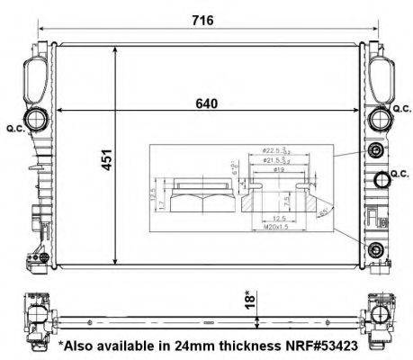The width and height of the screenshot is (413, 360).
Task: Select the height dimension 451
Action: click(x=104, y=164)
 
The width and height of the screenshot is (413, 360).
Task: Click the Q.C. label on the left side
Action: click(x=14, y=126)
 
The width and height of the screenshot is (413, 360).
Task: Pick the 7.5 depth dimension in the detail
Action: click(x=285, y=200)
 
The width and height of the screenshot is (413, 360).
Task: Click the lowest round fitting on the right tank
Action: click(x=376, y=249)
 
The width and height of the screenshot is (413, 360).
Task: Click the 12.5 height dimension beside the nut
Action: click(x=157, y=193)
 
